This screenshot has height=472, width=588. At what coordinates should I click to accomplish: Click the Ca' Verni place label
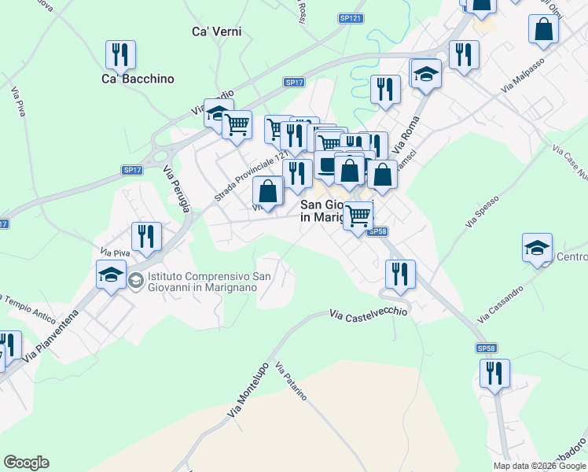click(x=216, y=32)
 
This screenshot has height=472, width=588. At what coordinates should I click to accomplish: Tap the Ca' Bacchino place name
click(x=138, y=79)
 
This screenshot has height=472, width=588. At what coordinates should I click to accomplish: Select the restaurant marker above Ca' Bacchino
click(x=120, y=55)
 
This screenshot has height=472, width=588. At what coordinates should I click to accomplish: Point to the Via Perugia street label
click(x=177, y=190)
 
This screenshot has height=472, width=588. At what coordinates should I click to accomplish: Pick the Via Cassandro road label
click(x=500, y=304)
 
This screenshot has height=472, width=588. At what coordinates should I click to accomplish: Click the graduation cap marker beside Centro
click(x=537, y=249)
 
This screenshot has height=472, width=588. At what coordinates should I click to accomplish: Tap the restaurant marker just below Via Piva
click(x=146, y=236)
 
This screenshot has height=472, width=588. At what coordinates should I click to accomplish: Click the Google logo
click(x=26, y=463)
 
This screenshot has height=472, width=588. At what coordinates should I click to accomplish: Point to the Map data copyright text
click(x=540, y=466)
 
